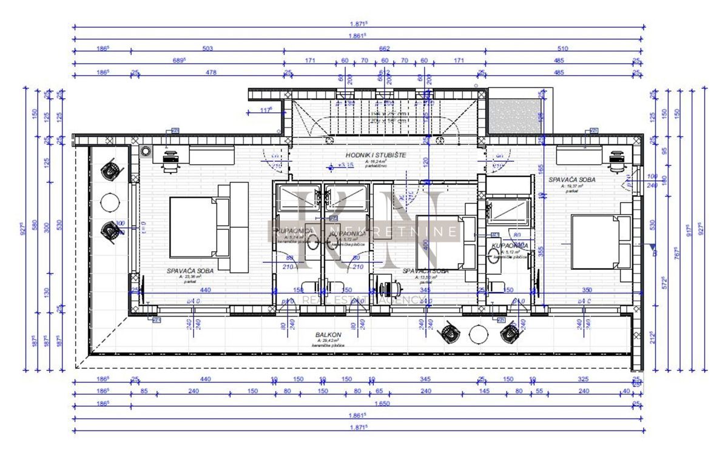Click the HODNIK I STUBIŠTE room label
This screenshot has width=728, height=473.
[376, 155]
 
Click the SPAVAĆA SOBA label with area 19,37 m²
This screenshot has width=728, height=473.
[571, 180]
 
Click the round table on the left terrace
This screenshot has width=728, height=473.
[110, 201]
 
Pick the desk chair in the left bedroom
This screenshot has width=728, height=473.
[172, 159]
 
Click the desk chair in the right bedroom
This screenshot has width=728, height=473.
[616, 159]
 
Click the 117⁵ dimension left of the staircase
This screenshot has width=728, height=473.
[265, 110]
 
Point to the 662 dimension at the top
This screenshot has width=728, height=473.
[384, 49]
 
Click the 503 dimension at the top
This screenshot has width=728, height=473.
[207, 49]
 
